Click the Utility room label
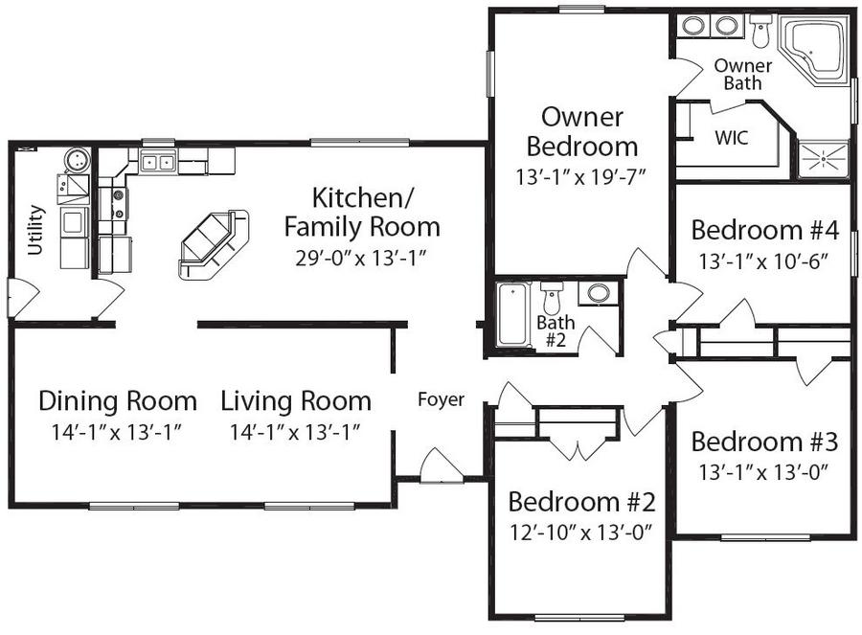point(36,230)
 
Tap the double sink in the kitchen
point(158,162)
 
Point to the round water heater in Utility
point(76,159)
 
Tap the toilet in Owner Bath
point(761,31)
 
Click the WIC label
point(732,137)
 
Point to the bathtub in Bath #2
point(512,315)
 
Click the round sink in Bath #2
point(600,293)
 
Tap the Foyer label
point(441,399)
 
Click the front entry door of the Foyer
point(440,466)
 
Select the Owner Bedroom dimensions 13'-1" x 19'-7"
point(581,176)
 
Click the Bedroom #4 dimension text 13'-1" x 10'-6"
point(764,259)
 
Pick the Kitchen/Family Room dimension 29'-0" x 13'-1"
point(361,257)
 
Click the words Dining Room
point(118,400)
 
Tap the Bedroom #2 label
point(581,502)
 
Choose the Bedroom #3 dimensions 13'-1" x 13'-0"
point(764,471)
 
